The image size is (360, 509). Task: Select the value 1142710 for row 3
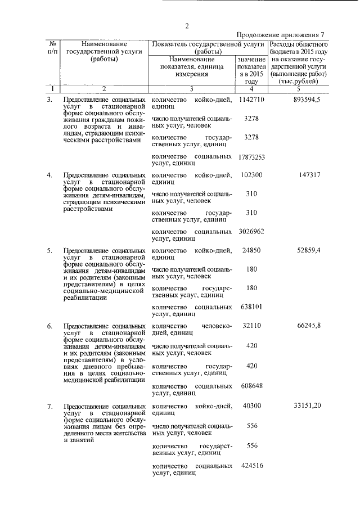tap(251, 100)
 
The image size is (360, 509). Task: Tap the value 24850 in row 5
tap(251, 250)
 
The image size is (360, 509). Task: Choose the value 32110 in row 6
tap(251, 326)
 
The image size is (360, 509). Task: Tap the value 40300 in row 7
tap(251, 406)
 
